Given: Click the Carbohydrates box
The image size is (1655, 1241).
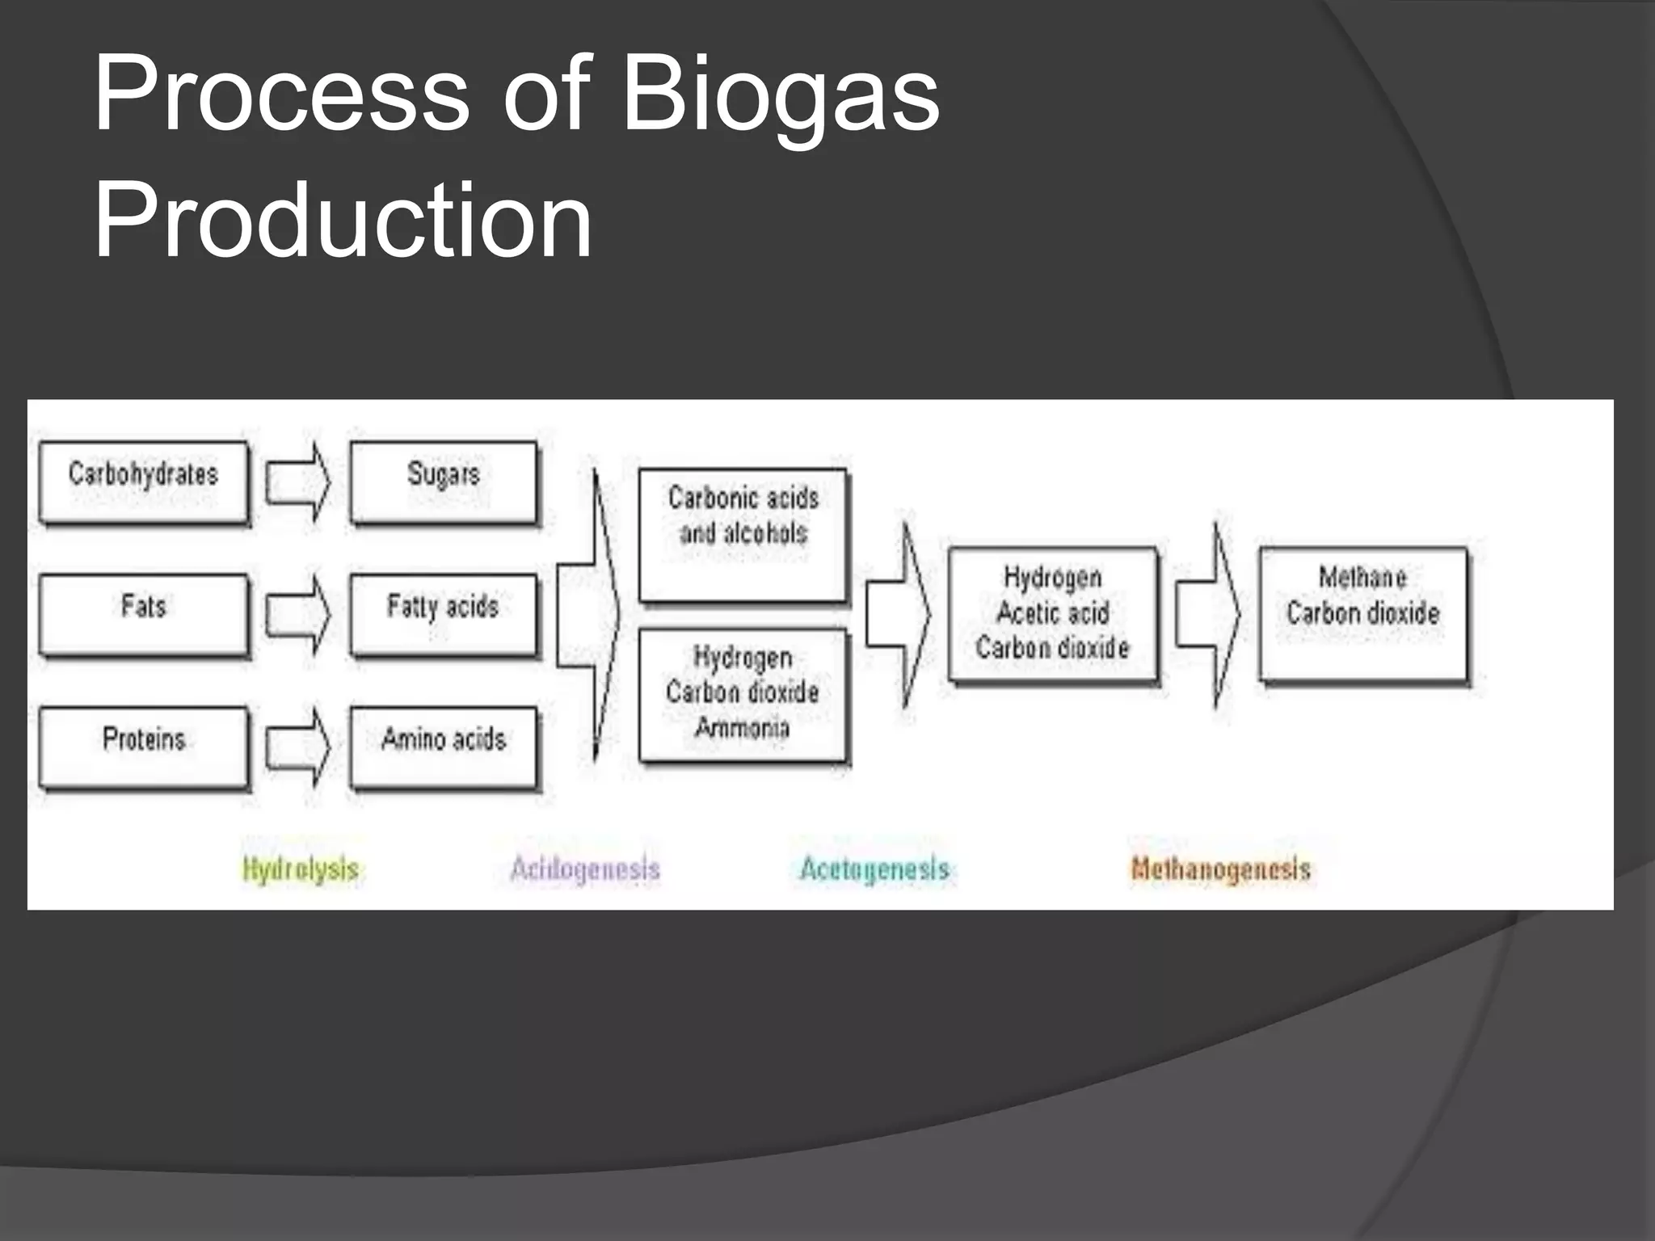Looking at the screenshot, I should [144, 482].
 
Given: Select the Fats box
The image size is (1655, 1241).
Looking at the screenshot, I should [144, 614].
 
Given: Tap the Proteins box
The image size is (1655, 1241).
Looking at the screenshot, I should [144, 747].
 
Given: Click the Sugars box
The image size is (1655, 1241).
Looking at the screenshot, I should [443, 482].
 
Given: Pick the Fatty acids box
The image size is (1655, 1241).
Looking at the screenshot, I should [443, 614].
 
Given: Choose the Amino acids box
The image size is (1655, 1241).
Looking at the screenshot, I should [443, 747].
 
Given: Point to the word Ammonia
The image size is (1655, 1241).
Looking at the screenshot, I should [742, 728].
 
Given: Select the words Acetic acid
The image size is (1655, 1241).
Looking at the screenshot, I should [1052, 613].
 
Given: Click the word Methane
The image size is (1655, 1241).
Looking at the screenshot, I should [1362, 577].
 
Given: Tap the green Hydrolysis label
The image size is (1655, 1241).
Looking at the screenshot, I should [301, 869].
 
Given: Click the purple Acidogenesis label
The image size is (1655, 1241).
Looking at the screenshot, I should [585, 869].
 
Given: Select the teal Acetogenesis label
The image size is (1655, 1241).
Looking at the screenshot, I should [874, 869].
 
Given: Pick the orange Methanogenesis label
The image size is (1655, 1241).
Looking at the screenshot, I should [1220, 869].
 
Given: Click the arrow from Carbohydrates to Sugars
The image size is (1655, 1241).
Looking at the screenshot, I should [297, 482].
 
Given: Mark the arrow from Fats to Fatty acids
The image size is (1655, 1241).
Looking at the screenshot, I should [297, 614].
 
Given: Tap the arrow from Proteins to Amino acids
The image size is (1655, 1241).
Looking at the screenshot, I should [297, 747].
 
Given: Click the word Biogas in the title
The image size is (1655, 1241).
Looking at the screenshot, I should [781, 95].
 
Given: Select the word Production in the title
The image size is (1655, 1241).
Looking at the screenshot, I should [343, 220].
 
